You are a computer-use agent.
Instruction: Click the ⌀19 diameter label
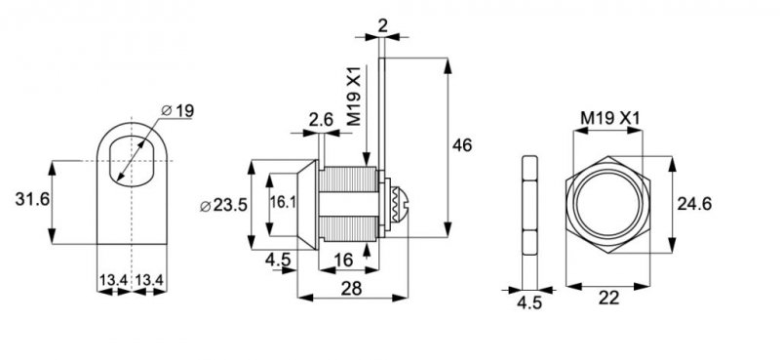[177, 110]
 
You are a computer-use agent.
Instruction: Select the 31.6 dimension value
[32, 200]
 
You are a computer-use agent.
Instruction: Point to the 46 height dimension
[461, 145]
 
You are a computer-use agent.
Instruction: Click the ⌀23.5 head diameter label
[223, 205]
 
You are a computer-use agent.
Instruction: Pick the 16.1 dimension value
[283, 202]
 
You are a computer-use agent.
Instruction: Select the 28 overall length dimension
[351, 288]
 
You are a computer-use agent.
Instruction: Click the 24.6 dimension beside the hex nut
[695, 204]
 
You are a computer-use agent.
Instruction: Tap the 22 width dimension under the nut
[608, 298]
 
